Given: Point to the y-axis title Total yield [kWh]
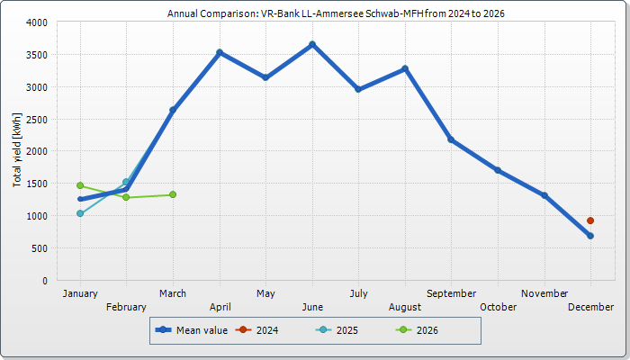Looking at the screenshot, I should tap(17, 150).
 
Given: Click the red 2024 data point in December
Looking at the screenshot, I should tap(590, 220).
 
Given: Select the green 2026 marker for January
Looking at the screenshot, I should tap(80, 185).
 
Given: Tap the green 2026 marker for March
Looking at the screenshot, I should tap(173, 194).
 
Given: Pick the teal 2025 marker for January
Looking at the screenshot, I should tap(80, 213).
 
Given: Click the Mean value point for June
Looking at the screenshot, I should tap(312, 44).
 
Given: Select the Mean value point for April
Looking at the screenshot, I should tap(220, 52).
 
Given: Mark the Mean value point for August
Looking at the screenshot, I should tap(405, 68).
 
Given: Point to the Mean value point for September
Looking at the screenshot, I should tap(451, 139).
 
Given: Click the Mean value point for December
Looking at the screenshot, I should tap(590, 236).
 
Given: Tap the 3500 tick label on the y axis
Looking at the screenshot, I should tap(35, 55).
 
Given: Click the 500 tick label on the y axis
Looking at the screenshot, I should tap(39, 248).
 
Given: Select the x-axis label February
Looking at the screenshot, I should tap(126, 307).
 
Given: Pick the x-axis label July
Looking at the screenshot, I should tap(358, 293).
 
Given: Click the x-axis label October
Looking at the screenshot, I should tap(498, 307).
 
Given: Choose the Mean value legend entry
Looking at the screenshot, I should tap(192, 330).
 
